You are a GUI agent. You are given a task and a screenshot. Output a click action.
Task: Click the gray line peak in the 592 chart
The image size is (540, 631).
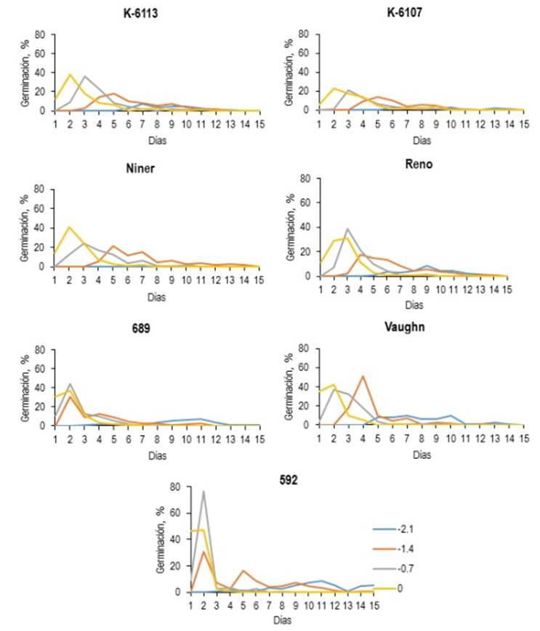tap(203, 492)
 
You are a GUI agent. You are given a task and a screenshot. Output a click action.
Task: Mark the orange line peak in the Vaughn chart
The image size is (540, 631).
tap(362, 376)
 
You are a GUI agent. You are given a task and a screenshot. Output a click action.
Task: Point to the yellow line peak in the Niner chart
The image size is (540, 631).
tap(70, 227)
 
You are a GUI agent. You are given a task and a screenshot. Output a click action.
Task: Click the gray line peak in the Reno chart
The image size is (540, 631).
tap(347, 229)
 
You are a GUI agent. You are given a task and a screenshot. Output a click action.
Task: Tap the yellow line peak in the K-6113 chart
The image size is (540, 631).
tap(70, 74)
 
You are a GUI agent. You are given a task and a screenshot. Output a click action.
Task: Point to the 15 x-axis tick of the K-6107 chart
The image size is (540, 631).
tap(519, 120)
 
